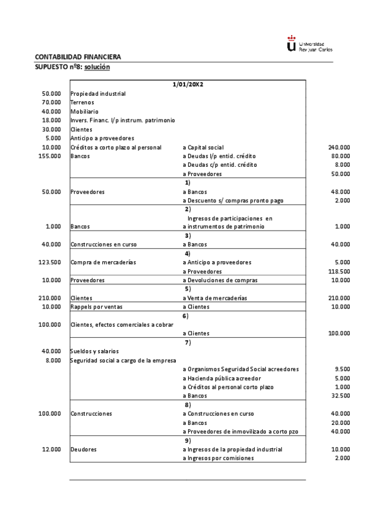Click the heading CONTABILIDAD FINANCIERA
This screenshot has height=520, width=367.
click(78, 57)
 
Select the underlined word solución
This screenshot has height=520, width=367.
click(97, 66)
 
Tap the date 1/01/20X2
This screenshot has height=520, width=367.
click(187, 84)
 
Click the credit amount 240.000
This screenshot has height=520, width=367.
click(339, 148)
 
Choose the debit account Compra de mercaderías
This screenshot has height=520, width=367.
click(103, 262)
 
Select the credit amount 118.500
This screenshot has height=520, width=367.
click(339, 271)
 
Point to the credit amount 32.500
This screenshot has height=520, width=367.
click(340, 396)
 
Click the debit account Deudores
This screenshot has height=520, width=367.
click(83, 449)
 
